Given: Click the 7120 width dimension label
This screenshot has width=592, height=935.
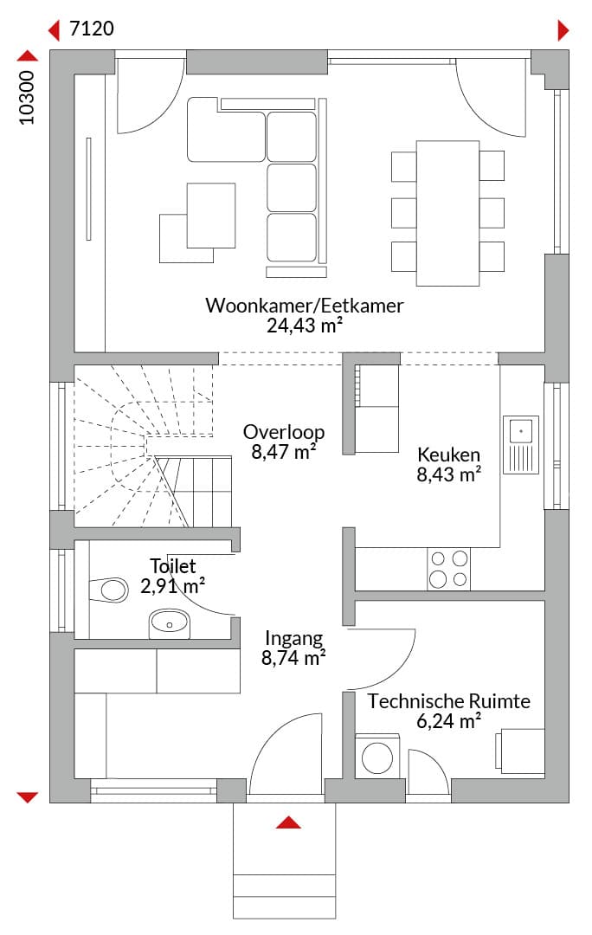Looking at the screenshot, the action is (x=92, y=28).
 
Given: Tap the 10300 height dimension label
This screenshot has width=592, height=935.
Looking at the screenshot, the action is (x=28, y=98).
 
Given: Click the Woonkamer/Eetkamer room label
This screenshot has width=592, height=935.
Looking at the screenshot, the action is (x=305, y=306).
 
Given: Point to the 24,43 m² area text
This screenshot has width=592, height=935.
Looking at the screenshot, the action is (x=304, y=326).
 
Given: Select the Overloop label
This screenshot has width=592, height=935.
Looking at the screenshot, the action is (x=284, y=432).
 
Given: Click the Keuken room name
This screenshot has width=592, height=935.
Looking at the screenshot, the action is (x=448, y=455).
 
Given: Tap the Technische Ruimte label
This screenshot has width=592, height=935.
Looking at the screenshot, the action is (x=448, y=701).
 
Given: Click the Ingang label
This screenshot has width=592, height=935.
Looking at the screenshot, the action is (x=294, y=639).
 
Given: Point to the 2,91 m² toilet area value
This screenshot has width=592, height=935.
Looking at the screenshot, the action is (x=173, y=586).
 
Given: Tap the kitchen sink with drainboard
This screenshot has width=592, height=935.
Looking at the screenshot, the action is (x=520, y=445).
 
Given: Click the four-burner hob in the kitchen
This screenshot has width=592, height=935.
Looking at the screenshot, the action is (x=448, y=569).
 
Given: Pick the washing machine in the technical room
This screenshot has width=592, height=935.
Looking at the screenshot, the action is (x=377, y=756).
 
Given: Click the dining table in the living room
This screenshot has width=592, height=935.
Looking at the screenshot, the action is (x=447, y=214).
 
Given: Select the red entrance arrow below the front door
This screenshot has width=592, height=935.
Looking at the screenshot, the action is (x=288, y=822).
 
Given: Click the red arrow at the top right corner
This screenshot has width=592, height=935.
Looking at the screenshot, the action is (x=563, y=29).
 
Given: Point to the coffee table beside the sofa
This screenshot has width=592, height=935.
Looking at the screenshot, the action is (x=210, y=216).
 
